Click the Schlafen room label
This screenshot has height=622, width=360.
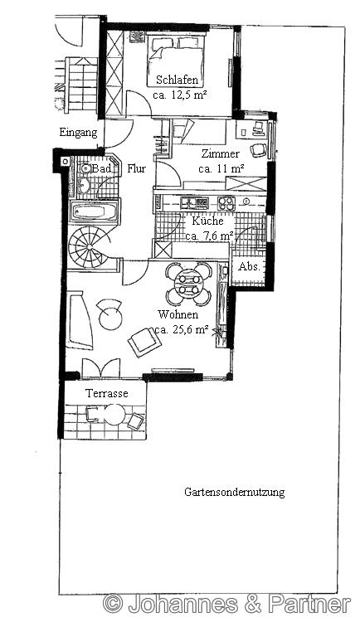(177, 80)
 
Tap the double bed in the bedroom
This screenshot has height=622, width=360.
(176, 61)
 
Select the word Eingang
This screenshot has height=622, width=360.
(78, 133)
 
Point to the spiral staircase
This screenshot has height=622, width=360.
(89, 247)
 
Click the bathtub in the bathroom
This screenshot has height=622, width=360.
(94, 211)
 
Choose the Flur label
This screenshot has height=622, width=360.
(137, 168)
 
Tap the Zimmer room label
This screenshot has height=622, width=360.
(221, 153)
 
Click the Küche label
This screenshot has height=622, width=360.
(207, 221)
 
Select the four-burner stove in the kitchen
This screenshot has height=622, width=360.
(226, 203)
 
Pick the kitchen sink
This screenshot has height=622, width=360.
(194, 203)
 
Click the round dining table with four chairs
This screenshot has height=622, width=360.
(189, 284)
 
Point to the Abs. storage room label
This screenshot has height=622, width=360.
(249, 267)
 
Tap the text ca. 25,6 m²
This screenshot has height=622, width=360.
(182, 329)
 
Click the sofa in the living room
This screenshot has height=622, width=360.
(79, 320)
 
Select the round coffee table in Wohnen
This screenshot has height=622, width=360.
(111, 318)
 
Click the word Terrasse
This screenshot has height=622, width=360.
(107, 393)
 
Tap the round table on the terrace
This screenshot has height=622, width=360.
(114, 415)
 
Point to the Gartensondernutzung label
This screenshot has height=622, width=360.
(234, 493)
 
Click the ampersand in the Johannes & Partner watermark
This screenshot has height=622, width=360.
(253, 605)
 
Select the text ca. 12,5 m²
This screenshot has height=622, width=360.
(181, 95)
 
